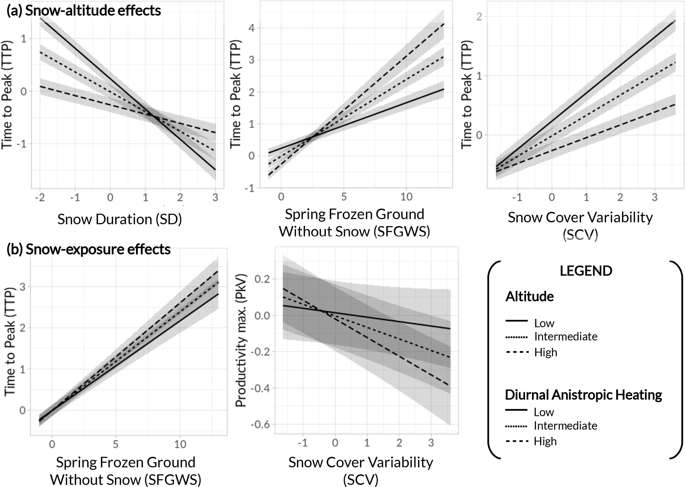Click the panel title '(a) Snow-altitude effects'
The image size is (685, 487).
(x=84, y=11)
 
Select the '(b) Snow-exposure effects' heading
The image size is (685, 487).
(x=88, y=249)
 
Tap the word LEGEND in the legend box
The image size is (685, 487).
(x=586, y=271)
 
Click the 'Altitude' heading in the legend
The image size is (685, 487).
(x=529, y=296)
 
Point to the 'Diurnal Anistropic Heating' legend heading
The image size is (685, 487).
(x=583, y=395)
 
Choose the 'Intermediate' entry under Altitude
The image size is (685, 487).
(x=566, y=336)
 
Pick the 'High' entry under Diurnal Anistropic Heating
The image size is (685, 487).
(x=545, y=441)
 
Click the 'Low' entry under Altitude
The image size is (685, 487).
(x=544, y=323)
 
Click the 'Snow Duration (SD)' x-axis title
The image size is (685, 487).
(x=120, y=219)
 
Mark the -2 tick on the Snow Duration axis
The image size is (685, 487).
(x=40, y=198)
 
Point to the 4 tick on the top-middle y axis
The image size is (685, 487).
(x=252, y=28)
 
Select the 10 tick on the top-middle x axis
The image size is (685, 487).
(x=406, y=197)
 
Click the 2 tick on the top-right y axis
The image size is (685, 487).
(x=479, y=17)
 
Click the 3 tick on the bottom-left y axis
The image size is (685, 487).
(x=23, y=287)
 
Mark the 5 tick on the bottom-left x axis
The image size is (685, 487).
(x=115, y=444)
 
